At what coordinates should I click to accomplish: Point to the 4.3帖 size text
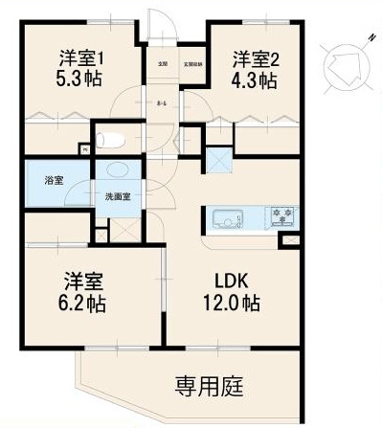tap(253, 80)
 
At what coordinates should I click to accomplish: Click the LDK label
tap(234, 283)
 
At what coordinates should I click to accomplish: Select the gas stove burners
tap(281, 216)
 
